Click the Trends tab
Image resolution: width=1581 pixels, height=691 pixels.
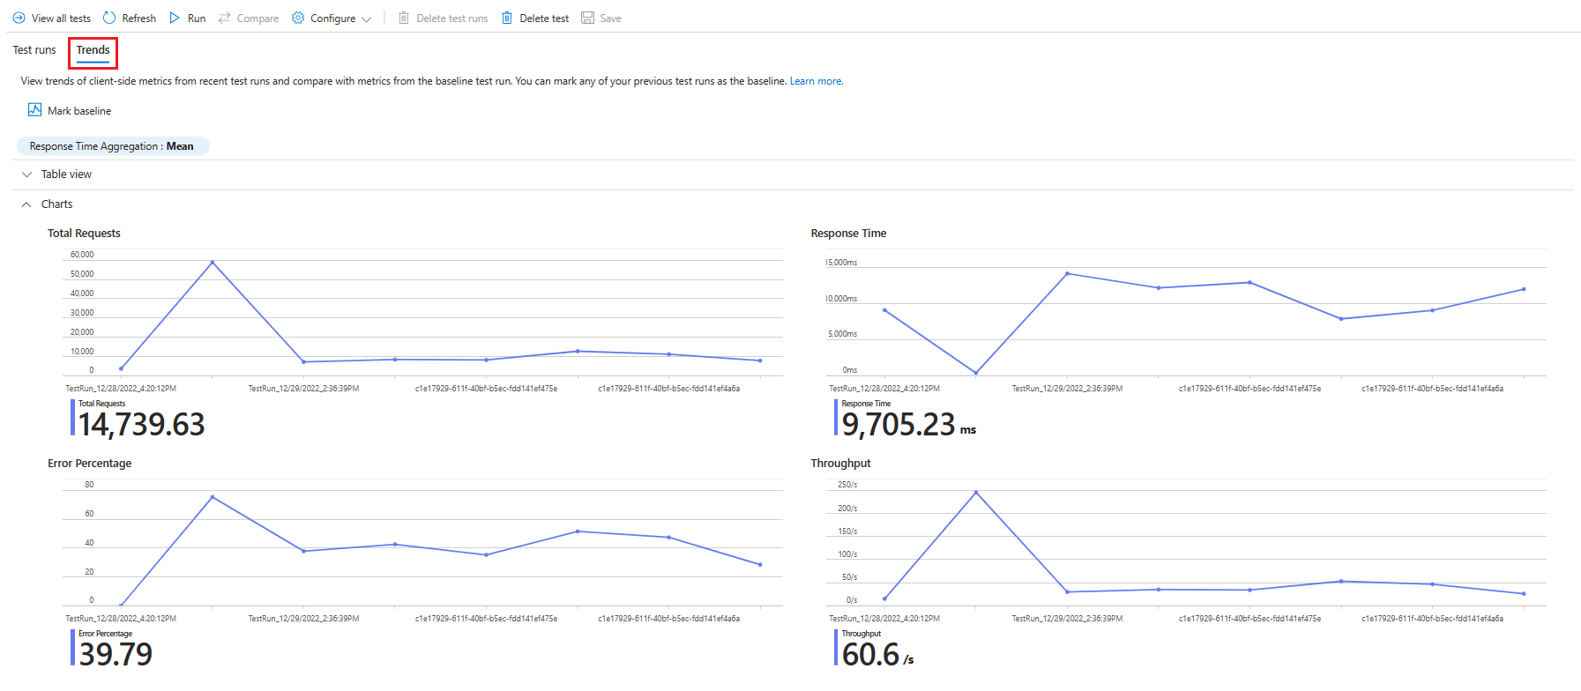pos(93,50)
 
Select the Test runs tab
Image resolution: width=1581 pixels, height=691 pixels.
pos(34,50)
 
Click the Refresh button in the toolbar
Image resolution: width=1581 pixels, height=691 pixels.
pos(130,19)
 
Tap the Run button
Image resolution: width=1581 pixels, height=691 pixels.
pos(187,19)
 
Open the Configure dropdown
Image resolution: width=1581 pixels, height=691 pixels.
pos(332,19)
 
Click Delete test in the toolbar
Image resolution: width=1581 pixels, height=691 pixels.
pos(535,19)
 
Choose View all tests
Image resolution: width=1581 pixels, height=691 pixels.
pos(52,19)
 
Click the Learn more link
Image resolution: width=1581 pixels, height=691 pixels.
pos(816,81)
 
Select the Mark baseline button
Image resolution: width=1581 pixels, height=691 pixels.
pos(70,111)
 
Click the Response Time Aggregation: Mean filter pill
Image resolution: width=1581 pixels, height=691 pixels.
pos(112,146)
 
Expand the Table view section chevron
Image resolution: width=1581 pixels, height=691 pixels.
pos(26,175)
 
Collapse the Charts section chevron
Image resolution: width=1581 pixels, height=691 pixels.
pos(26,204)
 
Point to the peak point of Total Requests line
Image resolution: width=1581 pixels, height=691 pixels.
pos(213,263)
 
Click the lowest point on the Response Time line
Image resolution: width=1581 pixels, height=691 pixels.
pos(976,373)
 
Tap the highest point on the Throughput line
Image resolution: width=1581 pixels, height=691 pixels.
pos(976,492)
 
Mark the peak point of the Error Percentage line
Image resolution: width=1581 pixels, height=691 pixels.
pos(213,497)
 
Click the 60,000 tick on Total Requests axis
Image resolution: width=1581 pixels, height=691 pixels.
pos(82,255)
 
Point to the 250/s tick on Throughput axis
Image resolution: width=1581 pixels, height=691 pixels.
pos(847,485)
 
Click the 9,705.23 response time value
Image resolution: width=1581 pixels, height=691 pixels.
pos(899,425)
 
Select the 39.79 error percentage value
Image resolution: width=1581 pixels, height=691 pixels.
pos(116,655)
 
